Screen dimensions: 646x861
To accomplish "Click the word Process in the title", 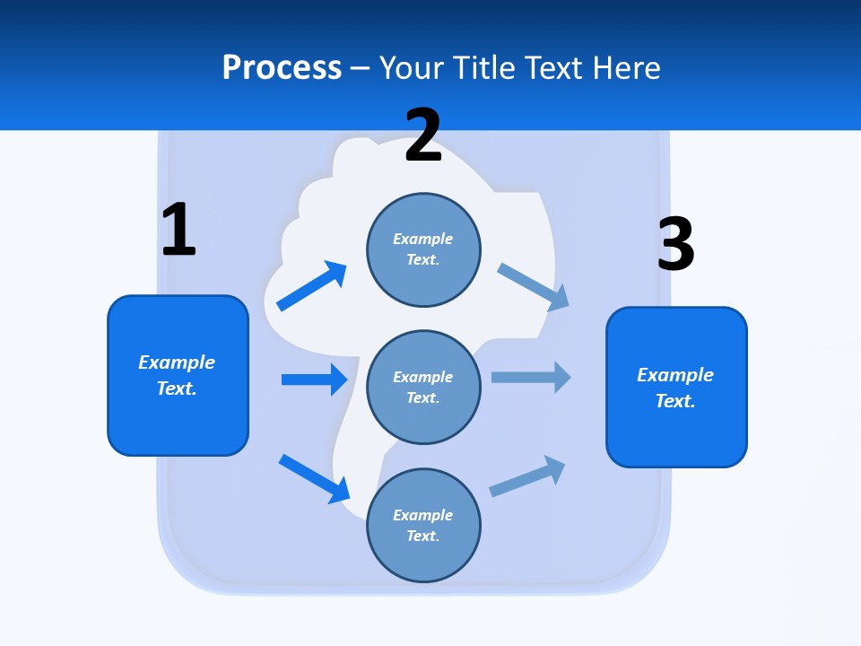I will [x=282, y=68].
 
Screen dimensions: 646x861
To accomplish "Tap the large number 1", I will [x=178, y=230].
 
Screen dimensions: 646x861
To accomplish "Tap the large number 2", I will [x=423, y=136].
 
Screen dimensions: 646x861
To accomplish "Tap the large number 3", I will [x=675, y=245].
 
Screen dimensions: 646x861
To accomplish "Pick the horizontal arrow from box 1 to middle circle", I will [x=314, y=380].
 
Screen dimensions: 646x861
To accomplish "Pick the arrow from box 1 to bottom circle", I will [x=314, y=478].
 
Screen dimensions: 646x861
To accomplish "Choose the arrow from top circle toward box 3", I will [x=534, y=287].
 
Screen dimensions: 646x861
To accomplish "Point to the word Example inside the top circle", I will [x=423, y=239].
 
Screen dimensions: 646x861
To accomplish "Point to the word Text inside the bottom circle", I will [x=422, y=536].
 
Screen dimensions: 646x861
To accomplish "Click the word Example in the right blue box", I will [x=675, y=375].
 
